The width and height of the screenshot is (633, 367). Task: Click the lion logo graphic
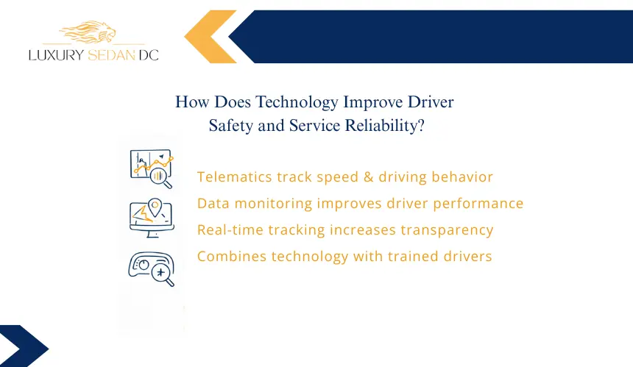(88, 32)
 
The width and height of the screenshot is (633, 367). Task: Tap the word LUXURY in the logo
(57, 55)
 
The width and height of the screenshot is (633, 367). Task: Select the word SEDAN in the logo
(111, 55)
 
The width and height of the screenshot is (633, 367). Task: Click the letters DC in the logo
(149, 55)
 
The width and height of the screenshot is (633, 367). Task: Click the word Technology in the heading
(297, 102)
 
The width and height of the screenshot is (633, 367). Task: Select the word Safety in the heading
(231, 126)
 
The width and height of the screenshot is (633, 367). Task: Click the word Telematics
(234, 177)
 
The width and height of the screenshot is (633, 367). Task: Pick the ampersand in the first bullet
(368, 177)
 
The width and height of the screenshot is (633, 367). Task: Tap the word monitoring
(273, 204)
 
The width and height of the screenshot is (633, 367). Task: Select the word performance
(478, 204)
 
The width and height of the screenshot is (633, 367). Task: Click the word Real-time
(230, 230)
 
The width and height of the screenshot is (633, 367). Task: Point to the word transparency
(447, 230)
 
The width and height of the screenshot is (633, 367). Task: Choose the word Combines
(231, 256)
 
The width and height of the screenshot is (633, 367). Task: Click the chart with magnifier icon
(152, 168)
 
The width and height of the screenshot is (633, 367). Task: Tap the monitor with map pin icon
(152, 218)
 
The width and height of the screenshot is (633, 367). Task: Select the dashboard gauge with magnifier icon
(152, 269)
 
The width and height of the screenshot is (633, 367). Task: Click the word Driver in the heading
(431, 102)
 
